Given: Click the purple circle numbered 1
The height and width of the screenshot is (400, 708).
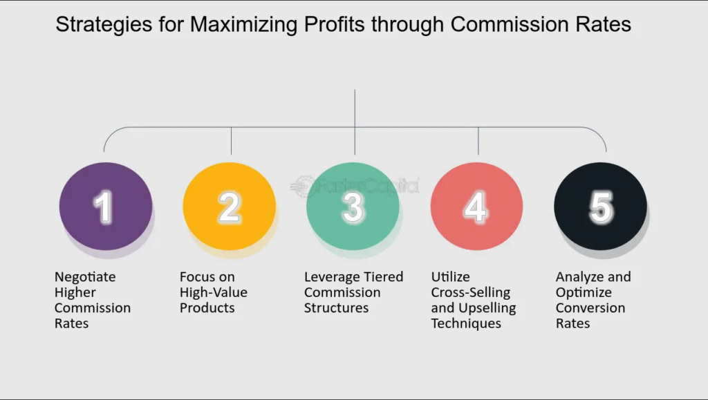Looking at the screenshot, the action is click(106, 206).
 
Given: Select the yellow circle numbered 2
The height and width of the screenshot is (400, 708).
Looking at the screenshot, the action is click(230, 206).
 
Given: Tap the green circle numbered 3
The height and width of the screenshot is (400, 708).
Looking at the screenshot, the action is click(353, 206).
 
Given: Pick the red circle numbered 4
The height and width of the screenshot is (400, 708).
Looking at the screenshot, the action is click(476, 206).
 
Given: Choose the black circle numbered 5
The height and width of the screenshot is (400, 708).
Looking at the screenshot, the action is click(601, 206).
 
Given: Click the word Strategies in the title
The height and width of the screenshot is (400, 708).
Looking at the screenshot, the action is click(104, 24).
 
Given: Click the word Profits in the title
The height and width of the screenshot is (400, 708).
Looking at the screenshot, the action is click(334, 24).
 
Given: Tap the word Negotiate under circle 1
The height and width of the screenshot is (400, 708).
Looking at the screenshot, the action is click(85, 277).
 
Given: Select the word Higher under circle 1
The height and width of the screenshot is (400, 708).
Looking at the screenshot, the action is click(75, 292).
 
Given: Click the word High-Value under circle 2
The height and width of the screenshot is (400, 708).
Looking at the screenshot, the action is click(214, 292).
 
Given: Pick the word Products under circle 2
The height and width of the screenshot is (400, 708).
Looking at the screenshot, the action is click(207, 307).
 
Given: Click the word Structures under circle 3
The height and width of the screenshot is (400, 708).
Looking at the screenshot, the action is click(337, 307).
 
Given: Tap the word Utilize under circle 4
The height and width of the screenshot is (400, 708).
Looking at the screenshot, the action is click(450, 276).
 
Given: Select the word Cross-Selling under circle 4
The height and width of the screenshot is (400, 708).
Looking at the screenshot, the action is click(470, 292).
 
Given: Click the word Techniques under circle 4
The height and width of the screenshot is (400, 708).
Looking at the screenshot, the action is click(466, 323).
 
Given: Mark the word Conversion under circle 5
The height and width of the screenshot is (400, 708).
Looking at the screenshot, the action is click(590, 307).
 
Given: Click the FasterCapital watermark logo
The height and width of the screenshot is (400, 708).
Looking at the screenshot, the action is click(355, 186).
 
